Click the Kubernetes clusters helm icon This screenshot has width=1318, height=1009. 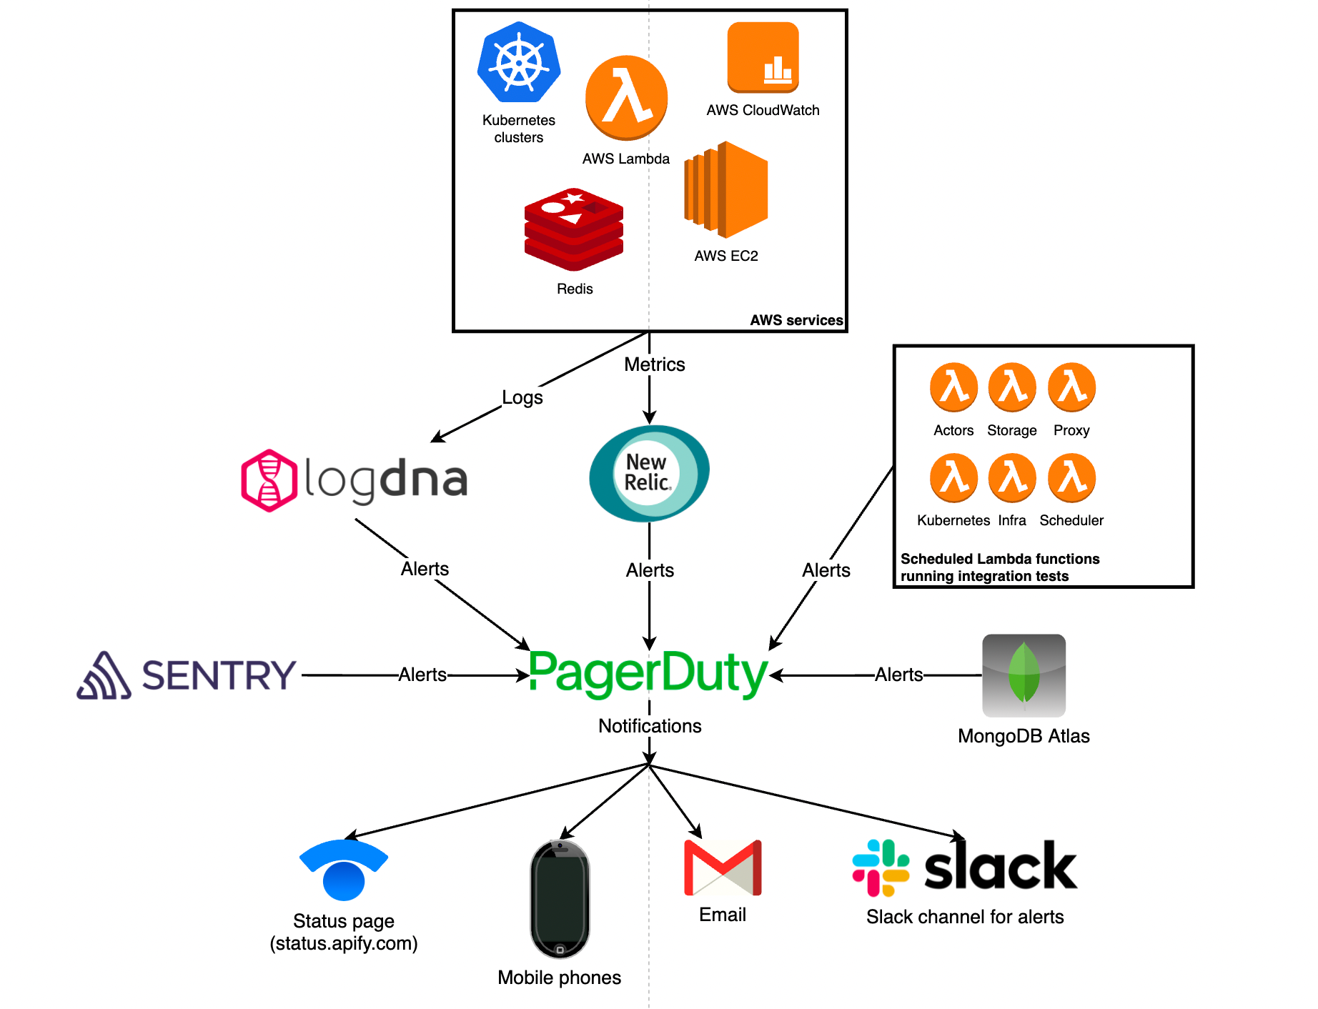519,62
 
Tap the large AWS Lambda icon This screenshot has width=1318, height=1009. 626,98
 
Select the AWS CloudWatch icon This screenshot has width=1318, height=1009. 763,57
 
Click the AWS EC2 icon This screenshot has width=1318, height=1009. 726,190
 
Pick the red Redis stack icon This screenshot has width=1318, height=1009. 574,229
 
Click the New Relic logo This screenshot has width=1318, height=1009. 648,472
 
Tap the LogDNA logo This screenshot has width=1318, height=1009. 355,479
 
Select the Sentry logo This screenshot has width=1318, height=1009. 187,675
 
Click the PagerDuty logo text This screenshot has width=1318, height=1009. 648,673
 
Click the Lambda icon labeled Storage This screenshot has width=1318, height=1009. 1012,387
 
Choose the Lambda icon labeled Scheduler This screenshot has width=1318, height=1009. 1071,477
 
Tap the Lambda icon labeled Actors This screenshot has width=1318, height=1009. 953,387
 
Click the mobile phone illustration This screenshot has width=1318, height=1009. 560,899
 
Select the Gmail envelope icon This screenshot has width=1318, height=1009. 723,868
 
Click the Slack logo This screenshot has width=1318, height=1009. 965,868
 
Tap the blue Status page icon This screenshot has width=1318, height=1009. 344,870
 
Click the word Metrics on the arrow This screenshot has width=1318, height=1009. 654,364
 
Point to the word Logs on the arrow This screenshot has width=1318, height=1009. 522,397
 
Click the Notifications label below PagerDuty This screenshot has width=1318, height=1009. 650,726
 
